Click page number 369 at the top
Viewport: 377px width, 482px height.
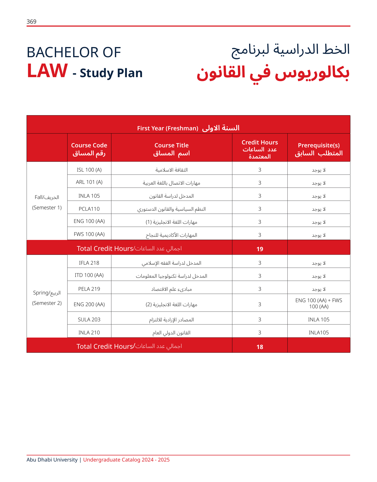point(31,22)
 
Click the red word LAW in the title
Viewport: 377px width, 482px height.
point(47,71)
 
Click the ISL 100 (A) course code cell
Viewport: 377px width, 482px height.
point(89,170)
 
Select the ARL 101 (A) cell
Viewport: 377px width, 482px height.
point(89,182)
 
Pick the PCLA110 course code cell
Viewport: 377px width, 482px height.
point(89,209)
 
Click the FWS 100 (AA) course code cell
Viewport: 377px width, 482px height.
point(89,234)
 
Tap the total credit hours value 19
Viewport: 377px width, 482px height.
point(260,249)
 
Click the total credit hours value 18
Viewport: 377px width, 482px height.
point(260,347)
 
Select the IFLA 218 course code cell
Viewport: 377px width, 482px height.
point(89,263)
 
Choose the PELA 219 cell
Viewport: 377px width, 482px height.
point(89,289)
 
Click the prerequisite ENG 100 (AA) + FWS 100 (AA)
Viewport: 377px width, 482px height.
point(319,304)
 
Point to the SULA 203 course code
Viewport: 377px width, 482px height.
point(89,320)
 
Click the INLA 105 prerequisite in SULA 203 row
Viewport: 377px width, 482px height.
point(319,320)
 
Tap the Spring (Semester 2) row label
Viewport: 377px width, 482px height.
point(47,298)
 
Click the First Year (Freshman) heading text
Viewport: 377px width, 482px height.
point(167,128)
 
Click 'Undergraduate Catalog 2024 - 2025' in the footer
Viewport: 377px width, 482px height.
point(126,460)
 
